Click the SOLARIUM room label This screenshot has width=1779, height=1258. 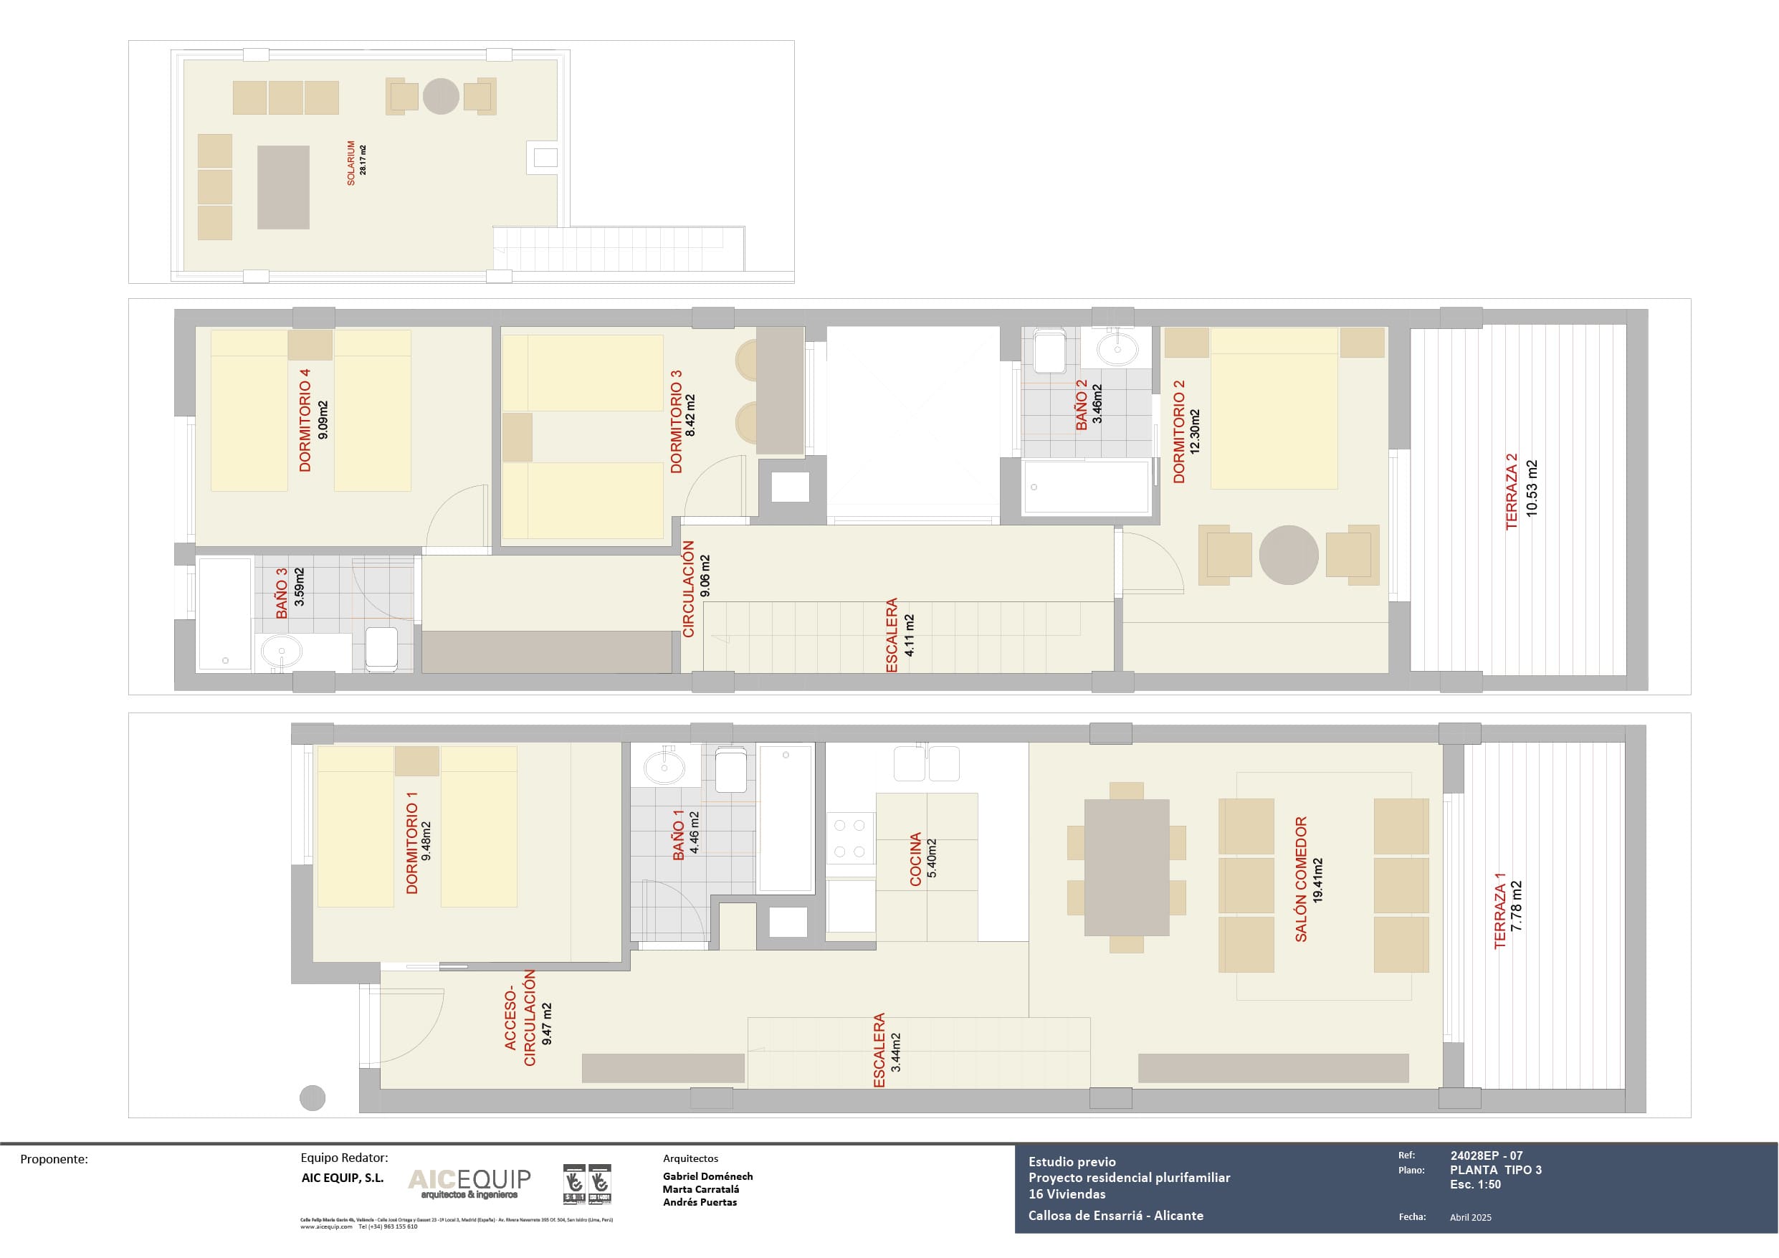tap(351, 163)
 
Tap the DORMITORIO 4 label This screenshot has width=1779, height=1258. tap(305, 419)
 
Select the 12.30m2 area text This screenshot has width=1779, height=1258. tap(1195, 431)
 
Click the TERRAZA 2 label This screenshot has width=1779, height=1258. tap(1511, 492)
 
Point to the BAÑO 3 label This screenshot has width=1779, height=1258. tap(282, 593)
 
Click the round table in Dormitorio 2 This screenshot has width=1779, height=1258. tap(1289, 555)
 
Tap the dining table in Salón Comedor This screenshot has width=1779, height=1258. tap(1127, 867)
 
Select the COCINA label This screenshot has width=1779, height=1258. tap(915, 859)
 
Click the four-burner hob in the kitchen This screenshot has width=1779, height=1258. tap(850, 838)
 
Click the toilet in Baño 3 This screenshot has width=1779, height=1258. tap(381, 649)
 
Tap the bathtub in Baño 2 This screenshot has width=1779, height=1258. tap(1087, 487)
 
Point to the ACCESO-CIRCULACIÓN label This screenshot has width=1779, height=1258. tap(520, 1018)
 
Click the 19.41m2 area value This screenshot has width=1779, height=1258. tap(1318, 880)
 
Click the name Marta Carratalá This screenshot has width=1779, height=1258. tap(700, 1189)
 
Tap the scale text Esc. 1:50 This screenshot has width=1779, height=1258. tap(1475, 1184)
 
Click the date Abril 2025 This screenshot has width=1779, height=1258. tap(1470, 1217)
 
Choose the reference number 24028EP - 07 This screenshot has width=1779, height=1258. tap(1486, 1155)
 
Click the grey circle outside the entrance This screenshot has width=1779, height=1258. tap(313, 1097)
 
